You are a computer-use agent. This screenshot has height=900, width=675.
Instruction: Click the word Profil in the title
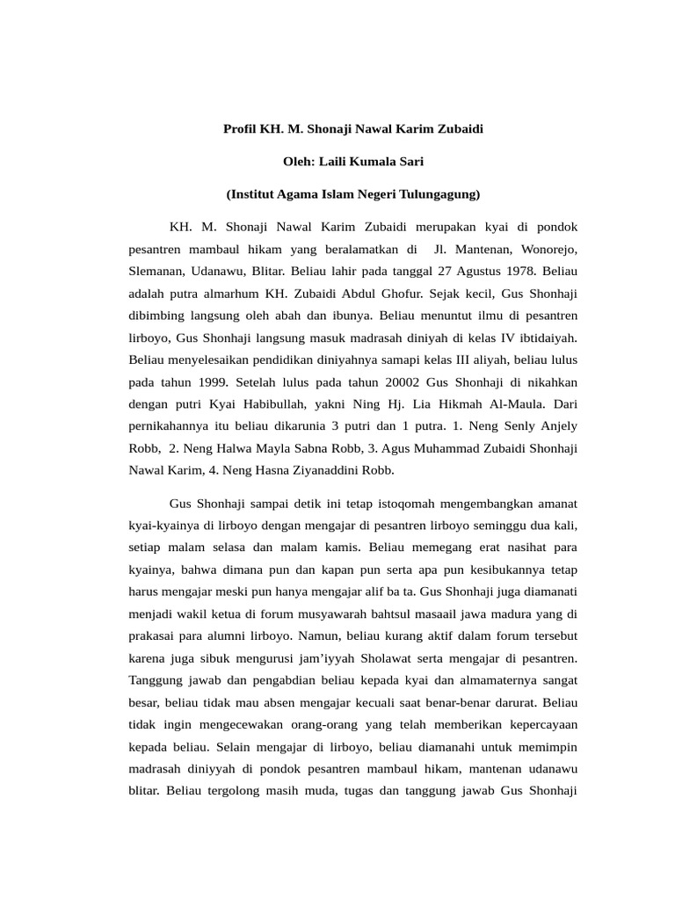[240, 128]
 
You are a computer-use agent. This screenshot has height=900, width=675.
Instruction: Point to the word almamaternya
[501, 679]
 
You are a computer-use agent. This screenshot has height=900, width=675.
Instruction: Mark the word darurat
[514, 702]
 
